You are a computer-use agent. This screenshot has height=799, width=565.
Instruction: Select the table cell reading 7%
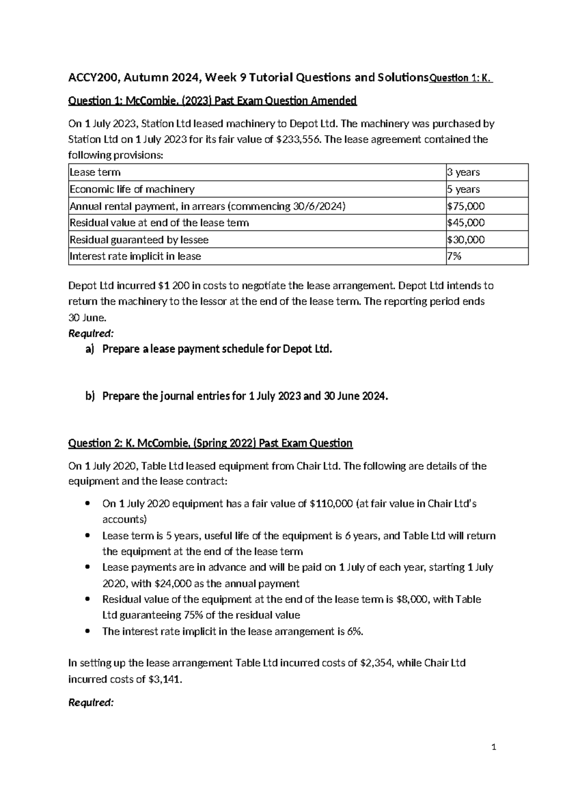pyautogui.click(x=454, y=256)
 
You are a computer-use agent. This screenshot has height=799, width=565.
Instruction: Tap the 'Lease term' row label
pyautogui.click(x=95, y=172)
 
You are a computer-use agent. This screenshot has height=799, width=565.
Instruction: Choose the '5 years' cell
pyautogui.click(x=463, y=189)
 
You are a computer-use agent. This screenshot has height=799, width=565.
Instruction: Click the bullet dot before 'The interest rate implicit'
pyautogui.click(x=86, y=631)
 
